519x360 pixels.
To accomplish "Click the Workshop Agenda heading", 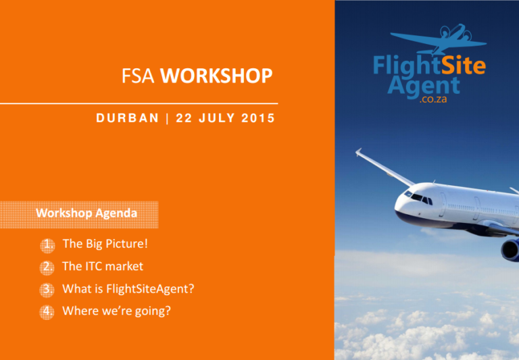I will click(86, 214).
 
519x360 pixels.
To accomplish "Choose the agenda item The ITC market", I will click(103, 266).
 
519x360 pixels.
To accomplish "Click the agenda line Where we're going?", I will click(116, 311).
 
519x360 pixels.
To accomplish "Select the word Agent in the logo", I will click(424, 86).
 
